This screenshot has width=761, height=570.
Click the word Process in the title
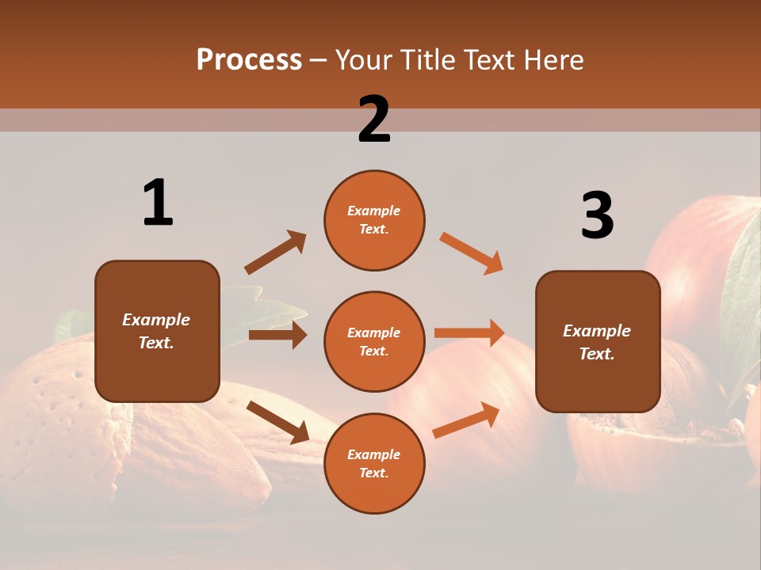(x=249, y=60)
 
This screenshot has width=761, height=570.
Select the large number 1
(x=158, y=203)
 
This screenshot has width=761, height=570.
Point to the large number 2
(x=374, y=119)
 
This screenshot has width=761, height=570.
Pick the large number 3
(x=597, y=215)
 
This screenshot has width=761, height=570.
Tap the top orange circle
(x=374, y=220)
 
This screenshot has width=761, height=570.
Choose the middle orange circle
(x=374, y=341)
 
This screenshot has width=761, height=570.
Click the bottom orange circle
(x=374, y=463)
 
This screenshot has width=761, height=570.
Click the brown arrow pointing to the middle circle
(x=277, y=335)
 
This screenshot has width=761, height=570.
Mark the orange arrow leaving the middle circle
(x=469, y=332)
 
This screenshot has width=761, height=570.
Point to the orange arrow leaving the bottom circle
(x=466, y=420)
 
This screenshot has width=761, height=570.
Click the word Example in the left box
(x=156, y=320)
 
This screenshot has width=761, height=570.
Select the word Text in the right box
(x=595, y=354)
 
